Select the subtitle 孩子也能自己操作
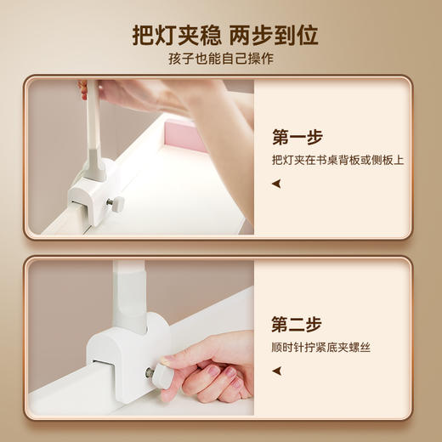tap(221, 59)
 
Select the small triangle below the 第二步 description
tap(275, 370)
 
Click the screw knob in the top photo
tap(116, 204)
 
